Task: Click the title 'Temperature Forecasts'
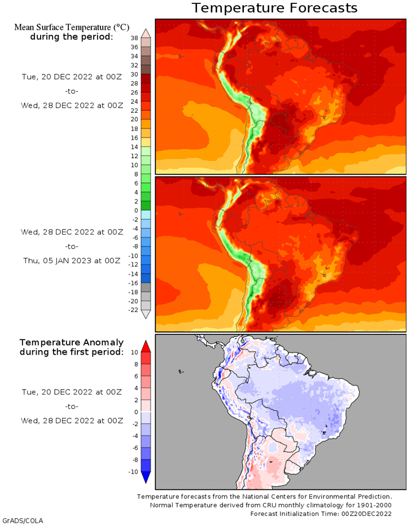pyautogui.click(x=274, y=8)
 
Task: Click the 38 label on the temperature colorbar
pyautogui.click(x=134, y=38)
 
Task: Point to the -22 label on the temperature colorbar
pyautogui.click(x=133, y=310)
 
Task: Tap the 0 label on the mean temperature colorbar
pyautogui.click(x=136, y=210)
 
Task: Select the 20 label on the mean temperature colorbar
pyautogui.click(x=134, y=120)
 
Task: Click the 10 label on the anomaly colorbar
pyautogui.click(x=134, y=352)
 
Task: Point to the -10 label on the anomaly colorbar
pyautogui.click(x=133, y=472)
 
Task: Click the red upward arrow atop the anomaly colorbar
pyautogui.click(x=146, y=346)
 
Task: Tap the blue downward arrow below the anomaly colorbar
pyautogui.click(x=146, y=478)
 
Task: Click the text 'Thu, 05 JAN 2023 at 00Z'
pyautogui.click(x=72, y=260)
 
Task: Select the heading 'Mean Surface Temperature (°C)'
pyautogui.click(x=72, y=27)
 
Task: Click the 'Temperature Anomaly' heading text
pyautogui.click(x=72, y=343)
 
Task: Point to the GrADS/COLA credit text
pyautogui.click(x=23, y=521)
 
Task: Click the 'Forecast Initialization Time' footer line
pyautogui.click(x=321, y=514)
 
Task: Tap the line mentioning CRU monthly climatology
pyautogui.click(x=270, y=505)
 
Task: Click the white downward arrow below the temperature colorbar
pyautogui.click(x=146, y=314)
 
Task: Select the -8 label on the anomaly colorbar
pyautogui.click(x=134, y=460)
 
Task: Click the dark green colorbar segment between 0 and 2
pyautogui.click(x=146, y=206)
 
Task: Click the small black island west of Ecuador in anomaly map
pyautogui.click(x=181, y=372)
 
